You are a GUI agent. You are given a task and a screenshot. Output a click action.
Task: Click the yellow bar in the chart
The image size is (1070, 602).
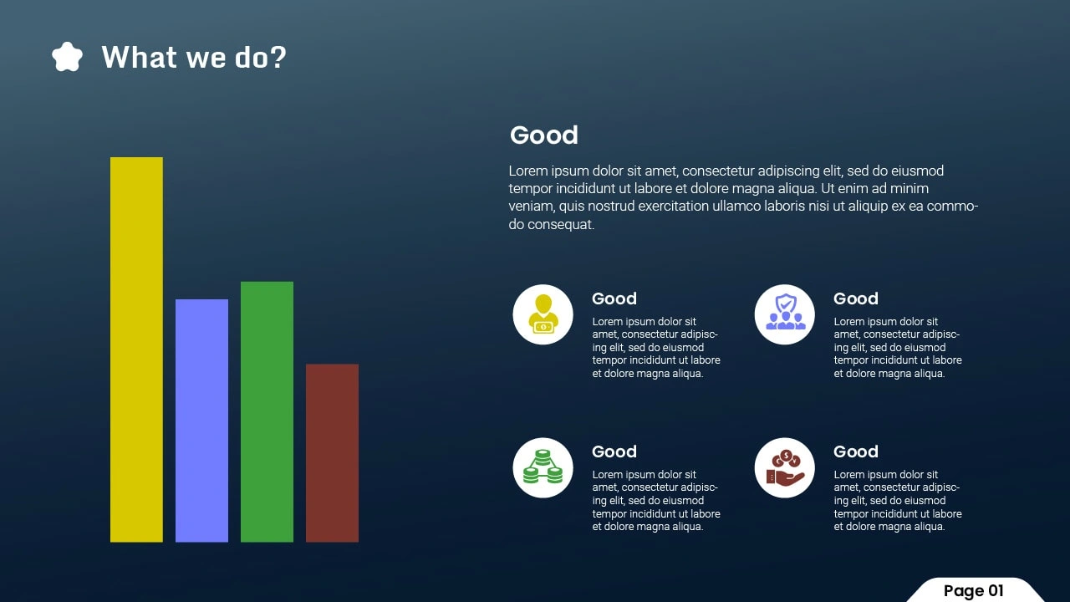[x=136, y=349]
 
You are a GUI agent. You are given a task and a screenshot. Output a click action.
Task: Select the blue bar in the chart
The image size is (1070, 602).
[x=201, y=421]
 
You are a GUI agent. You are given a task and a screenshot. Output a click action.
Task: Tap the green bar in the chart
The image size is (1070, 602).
[x=267, y=412]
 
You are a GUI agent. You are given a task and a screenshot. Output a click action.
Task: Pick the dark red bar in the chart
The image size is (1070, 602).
[x=332, y=453]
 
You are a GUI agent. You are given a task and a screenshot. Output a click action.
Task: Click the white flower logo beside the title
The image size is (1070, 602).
[x=67, y=57]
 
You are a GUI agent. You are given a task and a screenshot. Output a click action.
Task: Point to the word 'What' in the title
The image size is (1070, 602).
[x=140, y=57]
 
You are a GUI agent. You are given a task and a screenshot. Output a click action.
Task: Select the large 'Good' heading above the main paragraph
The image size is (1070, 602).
[x=543, y=135]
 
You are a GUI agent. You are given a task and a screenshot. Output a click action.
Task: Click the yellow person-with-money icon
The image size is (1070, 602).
[x=543, y=314]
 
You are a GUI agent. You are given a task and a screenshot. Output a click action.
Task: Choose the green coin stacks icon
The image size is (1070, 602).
[x=543, y=467]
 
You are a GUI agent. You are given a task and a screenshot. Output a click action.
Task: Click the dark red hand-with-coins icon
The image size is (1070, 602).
[x=785, y=467]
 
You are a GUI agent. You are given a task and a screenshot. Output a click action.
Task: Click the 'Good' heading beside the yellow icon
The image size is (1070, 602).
[x=614, y=298]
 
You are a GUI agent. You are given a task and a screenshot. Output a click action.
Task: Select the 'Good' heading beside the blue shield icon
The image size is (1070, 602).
[x=856, y=298]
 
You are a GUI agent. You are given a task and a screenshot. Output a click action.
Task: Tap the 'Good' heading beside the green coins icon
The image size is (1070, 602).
[x=614, y=451]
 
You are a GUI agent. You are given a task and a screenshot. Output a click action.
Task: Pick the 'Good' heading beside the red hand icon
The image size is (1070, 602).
[x=856, y=451]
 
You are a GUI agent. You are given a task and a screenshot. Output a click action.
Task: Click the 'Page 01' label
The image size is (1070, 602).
[x=974, y=591]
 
